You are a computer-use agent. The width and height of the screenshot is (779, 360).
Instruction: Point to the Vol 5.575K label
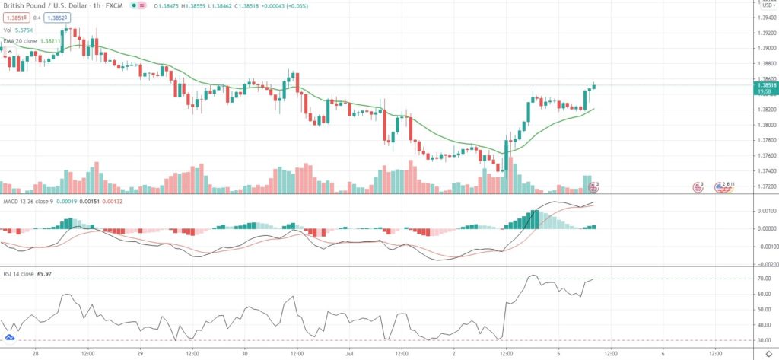24,28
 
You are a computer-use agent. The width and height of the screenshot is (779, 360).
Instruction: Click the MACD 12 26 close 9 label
31,201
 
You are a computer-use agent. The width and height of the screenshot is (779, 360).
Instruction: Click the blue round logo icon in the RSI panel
10,336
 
